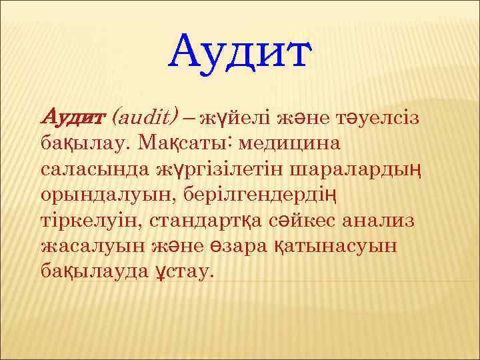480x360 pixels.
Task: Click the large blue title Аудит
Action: tap(240, 53)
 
